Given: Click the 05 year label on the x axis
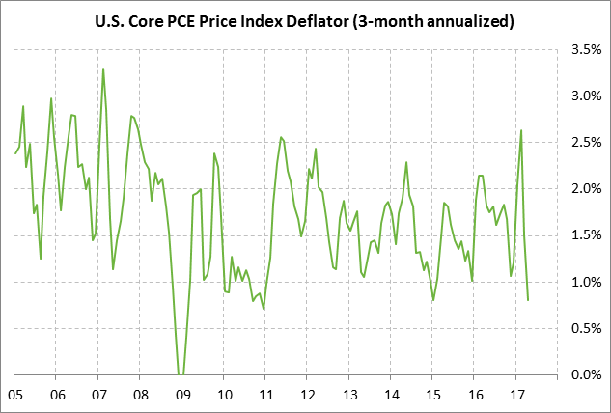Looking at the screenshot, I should pyautogui.click(x=14, y=395).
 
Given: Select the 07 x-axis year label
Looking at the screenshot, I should pyautogui.click(x=98, y=395).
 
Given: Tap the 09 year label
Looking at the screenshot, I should pyautogui.click(x=181, y=395).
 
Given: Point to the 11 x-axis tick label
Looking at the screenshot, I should pyautogui.click(x=264, y=395).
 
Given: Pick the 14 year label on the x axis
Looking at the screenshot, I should pyautogui.click(x=390, y=395).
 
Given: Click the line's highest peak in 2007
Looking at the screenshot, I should pyautogui.click(x=103, y=69).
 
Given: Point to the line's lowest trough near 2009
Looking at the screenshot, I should pyautogui.click(x=181, y=373).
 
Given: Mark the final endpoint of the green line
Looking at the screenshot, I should pyautogui.click(x=528, y=300).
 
